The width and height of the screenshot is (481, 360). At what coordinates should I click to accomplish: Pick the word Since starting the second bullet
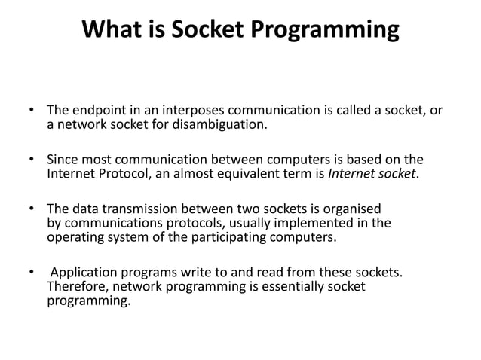tap(63, 160)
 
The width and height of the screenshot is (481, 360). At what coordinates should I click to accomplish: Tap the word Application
tap(83, 273)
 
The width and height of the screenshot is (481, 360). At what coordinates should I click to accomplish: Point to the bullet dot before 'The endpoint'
tap(31, 111)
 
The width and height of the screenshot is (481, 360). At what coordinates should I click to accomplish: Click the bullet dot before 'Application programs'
tap(31, 273)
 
